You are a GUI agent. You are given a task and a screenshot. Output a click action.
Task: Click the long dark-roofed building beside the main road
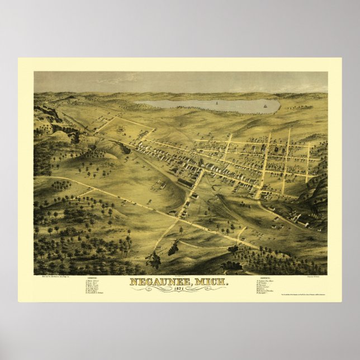[186, 182]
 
